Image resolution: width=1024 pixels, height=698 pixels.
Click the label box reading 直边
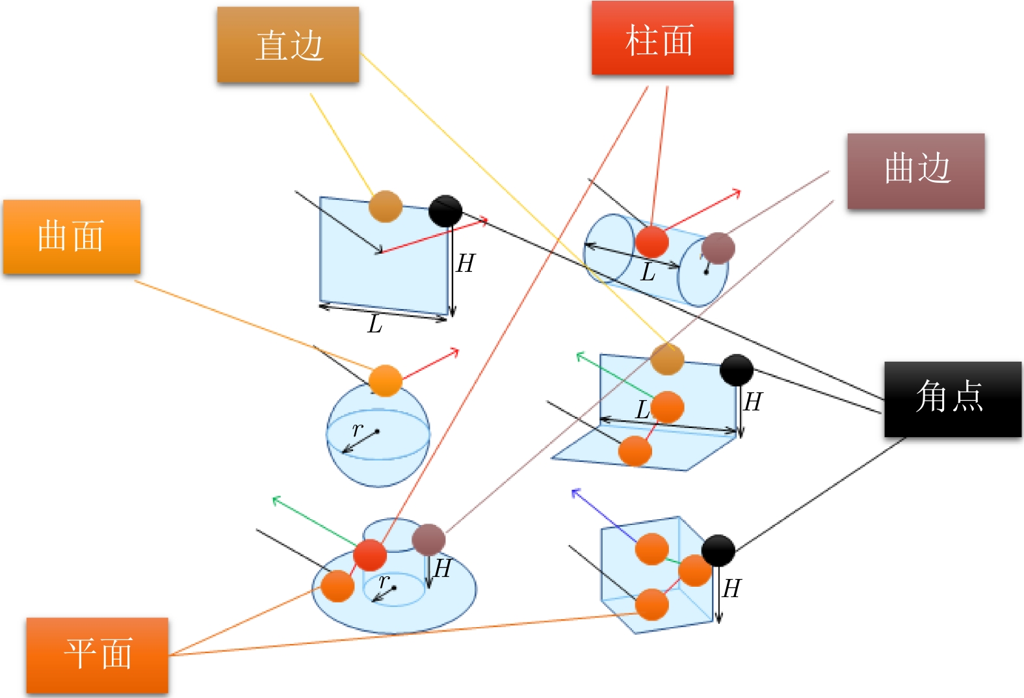[x=288, y=45]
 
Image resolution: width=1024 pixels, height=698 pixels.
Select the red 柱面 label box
[x=662, y=38]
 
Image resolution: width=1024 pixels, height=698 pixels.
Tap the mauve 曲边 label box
[x=915, y=170]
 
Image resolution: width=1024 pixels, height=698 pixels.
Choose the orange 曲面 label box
[x=72, y=237]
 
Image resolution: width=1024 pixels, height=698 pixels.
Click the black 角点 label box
[x=952, y=399]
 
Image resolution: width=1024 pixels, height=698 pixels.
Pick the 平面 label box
[x=98, y=655]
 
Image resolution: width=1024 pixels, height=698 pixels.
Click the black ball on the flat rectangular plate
[x=445, y=211]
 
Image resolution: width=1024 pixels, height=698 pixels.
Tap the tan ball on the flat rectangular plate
[x=386, y=206]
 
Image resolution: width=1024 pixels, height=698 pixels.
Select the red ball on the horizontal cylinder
[x=651, y=242]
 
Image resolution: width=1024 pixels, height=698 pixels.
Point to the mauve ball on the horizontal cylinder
[x=718, y=248]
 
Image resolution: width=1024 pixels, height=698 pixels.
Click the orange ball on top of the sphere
[x=385, y=381]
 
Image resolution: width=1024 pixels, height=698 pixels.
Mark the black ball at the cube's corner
[x=718, y=550]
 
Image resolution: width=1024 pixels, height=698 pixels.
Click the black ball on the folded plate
[x=736, y=370]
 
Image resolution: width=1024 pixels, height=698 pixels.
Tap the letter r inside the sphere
[x=357, y=429]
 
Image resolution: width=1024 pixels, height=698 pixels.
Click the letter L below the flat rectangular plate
[x=374, y=324]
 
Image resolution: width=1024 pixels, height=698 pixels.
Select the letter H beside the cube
[x=731, y=589]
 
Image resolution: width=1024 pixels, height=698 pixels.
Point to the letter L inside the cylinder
[x=648, y=273]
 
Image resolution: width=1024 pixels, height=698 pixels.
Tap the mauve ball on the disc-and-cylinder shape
[x=428, y=539]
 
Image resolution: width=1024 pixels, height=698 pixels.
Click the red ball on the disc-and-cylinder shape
[x=370, y=555]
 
